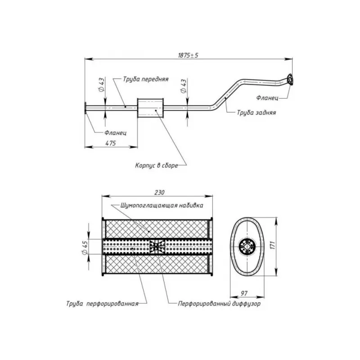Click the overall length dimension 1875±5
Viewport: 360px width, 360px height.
click(188, 55)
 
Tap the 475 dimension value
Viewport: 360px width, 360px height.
click(111, 143)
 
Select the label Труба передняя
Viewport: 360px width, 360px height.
click(146, 79)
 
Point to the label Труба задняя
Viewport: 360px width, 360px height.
click(256, 113)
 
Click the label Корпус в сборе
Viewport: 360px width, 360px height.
click(157, 165)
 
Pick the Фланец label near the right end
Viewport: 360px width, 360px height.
click(267, 98)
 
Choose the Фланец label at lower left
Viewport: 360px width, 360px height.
click(116, 133)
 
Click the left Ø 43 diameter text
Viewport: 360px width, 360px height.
click(102, 85)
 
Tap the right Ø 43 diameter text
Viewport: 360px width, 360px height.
click(184, 86)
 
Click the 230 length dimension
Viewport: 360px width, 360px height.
click(159, 193)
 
